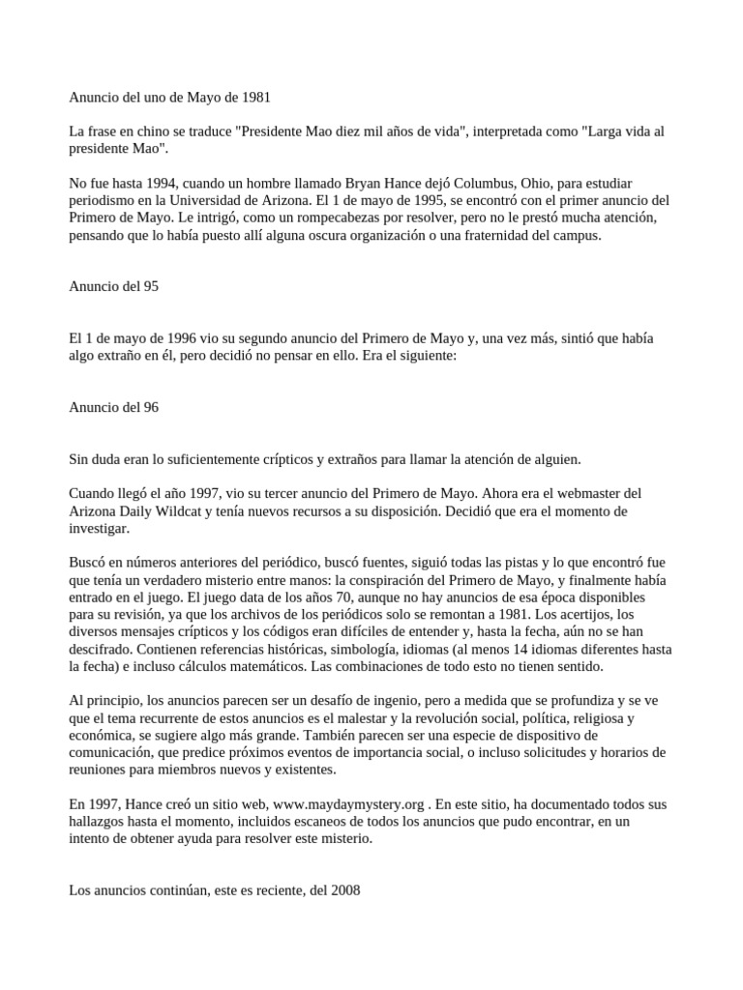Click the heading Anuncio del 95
(x=113, y=286)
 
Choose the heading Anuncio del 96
(x=113, y=407)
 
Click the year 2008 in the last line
(x=343, y=890)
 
